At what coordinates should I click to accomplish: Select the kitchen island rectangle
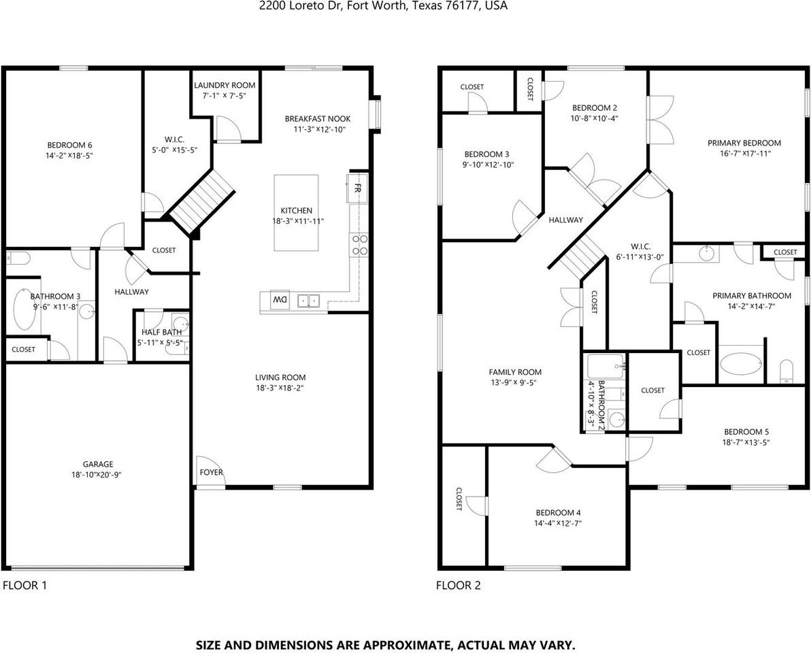tap(296, 213)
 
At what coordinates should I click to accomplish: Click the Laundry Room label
tap(225, 85)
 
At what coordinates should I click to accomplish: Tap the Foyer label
tap(211, 472)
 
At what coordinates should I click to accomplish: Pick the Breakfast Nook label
tap(317, 119)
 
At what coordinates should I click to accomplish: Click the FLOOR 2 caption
tap(458, 585)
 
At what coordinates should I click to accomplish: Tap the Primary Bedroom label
tap(744, 143)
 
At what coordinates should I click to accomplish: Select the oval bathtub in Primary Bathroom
tap(742, 365)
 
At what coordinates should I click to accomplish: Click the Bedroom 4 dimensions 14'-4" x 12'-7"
tap(558, 523)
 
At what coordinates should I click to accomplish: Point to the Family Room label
tap(515, 372)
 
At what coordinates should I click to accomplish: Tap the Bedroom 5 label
tap(746, 432)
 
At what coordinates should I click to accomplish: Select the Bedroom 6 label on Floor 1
tap(69, 145)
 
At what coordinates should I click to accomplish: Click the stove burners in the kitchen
tap(359, 245)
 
